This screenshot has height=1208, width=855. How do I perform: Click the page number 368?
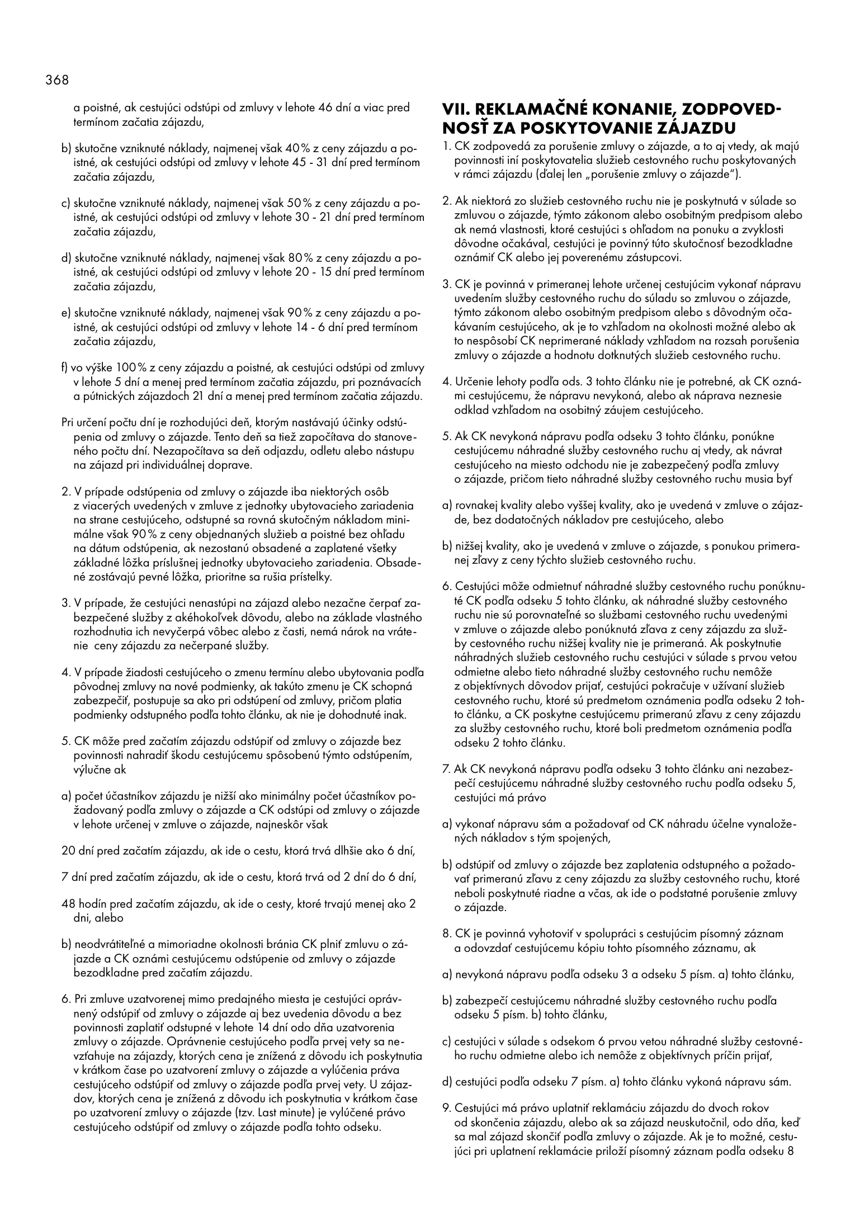click(x=56, y=80)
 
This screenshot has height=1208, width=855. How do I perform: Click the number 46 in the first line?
click(x=326, y=107)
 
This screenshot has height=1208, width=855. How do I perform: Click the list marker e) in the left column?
click(x=66, y=313)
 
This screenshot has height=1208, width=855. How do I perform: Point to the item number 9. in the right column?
click(x=447, y=1107)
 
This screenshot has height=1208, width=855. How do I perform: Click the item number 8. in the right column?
click(x=447, y=933)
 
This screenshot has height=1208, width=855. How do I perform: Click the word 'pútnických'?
click(x=110, y=397)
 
